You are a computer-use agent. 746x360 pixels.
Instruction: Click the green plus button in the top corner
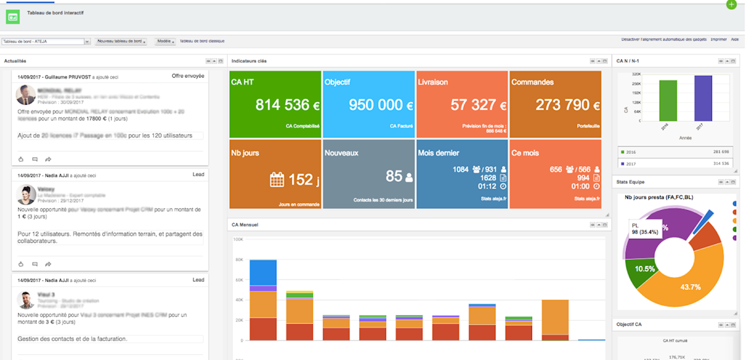732,5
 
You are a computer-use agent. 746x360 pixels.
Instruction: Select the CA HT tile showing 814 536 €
275,104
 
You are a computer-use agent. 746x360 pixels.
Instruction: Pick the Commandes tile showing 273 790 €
563,105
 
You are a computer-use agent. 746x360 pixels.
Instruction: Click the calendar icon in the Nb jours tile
277,179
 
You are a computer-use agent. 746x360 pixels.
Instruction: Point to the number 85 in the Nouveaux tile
394,176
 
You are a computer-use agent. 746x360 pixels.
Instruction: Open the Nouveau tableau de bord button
121,41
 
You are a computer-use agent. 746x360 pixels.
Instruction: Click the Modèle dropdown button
165,41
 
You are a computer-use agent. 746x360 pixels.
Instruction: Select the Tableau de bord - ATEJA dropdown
46,41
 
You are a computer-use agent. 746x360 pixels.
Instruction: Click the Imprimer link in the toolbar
719,39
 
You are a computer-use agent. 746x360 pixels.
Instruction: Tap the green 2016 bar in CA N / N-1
667,101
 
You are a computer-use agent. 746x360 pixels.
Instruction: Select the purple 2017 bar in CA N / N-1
703,98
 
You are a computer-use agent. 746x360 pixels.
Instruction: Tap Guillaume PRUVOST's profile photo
26,95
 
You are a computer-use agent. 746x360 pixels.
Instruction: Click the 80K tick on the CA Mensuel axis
239,260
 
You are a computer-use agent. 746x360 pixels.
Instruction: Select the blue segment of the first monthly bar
263,272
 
